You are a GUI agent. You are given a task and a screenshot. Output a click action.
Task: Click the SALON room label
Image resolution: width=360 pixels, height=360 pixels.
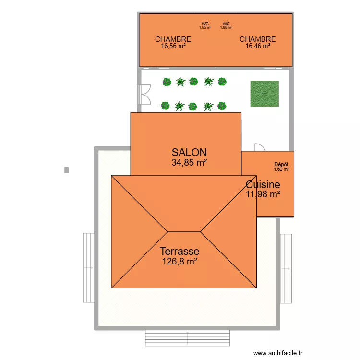click(x=189, y=152)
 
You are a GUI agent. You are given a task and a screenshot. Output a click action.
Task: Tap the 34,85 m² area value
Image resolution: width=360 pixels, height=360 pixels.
click(x=189, y=162)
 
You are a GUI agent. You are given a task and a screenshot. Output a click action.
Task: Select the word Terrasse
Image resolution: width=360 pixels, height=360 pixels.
click(x=180, y=251)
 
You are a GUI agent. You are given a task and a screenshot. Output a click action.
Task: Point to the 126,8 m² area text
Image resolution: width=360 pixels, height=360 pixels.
click(x=180, y=262)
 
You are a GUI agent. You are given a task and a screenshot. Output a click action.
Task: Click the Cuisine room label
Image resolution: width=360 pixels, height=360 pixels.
click(x=263, y=185)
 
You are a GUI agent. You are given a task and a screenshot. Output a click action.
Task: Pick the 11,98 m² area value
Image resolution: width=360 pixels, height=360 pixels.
click(x=263, y=194)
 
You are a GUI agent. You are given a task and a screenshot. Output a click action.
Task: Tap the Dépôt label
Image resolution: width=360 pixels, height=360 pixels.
click(x=281, y=164)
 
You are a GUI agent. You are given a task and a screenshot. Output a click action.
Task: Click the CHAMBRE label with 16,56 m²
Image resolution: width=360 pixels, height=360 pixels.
click(x=173, y=39)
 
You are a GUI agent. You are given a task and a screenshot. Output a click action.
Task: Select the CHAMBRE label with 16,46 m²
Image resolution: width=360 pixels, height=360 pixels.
click(x=258, y=39)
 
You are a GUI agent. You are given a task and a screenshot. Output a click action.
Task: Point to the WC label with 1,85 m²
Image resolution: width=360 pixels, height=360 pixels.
click(x=205, y=24)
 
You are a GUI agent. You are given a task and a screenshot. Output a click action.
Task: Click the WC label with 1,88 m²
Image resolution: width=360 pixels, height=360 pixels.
click(x=226, y=24)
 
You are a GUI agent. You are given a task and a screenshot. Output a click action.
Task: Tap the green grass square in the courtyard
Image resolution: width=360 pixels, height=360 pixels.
click(x=264, y=94)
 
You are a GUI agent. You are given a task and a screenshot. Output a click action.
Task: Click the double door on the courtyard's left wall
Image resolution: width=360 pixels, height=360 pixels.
click(x=144, y=94)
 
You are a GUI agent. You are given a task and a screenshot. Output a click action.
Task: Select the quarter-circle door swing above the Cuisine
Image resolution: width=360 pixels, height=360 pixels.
click(x=259, y=147)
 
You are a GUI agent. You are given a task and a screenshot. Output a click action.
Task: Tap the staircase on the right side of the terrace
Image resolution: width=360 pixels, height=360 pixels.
click(x=286, y=257)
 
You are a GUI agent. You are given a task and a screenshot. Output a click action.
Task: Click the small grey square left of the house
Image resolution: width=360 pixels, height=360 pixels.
click(x=66, y=169)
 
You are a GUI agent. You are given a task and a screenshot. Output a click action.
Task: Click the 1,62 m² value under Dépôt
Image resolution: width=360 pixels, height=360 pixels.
click(x=281, y=169)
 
